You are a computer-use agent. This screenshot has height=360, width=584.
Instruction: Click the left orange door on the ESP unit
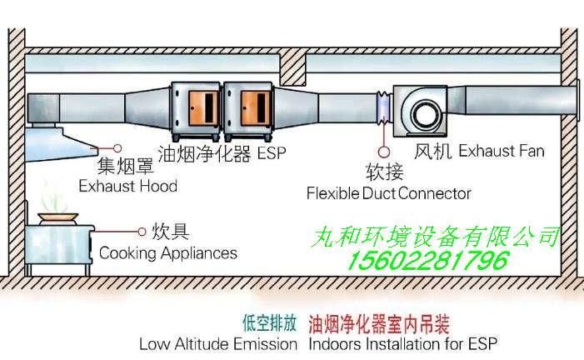[203, 108]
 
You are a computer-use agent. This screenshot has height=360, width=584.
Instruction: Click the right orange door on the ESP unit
[256, 108]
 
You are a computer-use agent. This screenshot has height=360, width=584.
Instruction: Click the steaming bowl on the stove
[58, 218]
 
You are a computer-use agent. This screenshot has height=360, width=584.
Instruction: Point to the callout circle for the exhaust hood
[117, 148]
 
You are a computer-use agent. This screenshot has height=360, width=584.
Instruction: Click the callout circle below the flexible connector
[384, 152]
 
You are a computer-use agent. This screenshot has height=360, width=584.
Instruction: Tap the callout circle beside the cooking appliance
[142, 232]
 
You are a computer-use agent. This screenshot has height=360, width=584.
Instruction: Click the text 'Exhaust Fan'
[502, 151]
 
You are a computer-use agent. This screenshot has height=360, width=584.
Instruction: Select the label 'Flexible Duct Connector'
[388, 193]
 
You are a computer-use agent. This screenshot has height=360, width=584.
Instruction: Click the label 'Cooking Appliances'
[168, 253]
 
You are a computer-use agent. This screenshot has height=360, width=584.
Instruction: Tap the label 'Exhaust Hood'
[128, 186]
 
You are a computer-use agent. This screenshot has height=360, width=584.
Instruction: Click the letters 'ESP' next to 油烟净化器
[272, 153]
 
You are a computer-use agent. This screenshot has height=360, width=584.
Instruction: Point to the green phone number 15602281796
[428, 260]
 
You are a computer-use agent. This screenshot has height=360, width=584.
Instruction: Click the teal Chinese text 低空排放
[270, 322]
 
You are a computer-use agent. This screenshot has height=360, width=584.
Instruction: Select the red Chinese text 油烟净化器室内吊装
[379, 324]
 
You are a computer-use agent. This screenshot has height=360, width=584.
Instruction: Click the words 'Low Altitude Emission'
[218, 343]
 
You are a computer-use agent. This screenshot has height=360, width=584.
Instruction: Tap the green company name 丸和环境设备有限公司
[435, 237]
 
